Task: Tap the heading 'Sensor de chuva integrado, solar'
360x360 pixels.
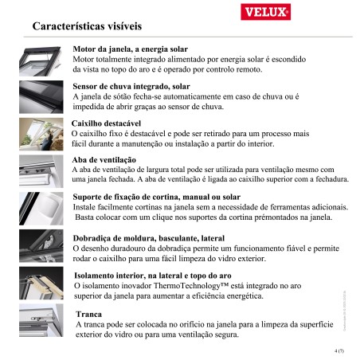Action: click(131, 86)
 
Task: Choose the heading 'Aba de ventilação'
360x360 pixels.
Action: click(104, 160)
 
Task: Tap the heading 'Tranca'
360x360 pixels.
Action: click(88, 315)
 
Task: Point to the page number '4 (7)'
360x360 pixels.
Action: click(338, 350)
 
